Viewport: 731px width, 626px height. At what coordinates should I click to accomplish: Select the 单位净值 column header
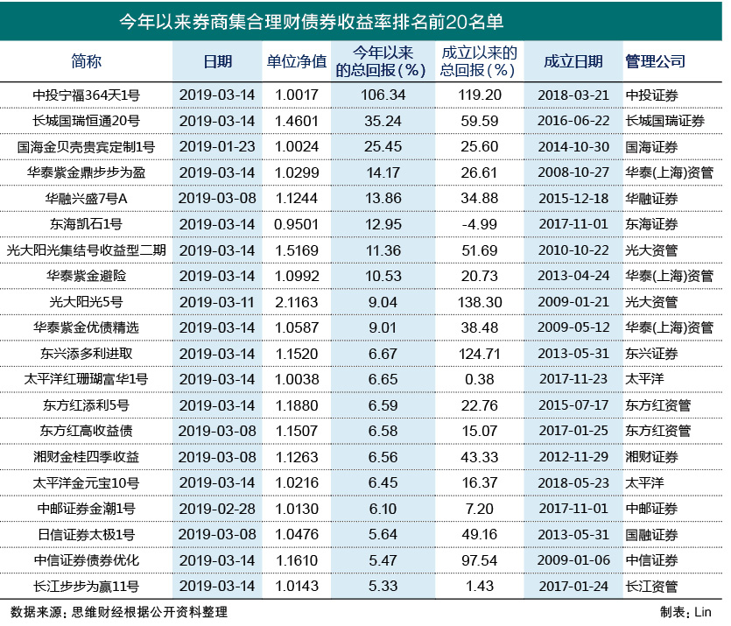point(296,61)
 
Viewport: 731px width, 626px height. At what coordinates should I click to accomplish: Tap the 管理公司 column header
point(655,61)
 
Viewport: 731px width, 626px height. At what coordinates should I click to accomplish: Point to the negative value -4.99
point(480,225)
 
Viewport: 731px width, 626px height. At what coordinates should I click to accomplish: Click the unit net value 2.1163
point(296,302)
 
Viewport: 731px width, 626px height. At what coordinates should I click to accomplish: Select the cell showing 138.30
point(480,302)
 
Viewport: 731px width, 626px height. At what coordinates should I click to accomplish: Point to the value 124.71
point(480,354)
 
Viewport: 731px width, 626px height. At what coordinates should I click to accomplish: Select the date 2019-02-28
point(216,509)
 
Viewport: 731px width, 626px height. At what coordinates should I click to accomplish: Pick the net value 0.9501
point(296,225)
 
